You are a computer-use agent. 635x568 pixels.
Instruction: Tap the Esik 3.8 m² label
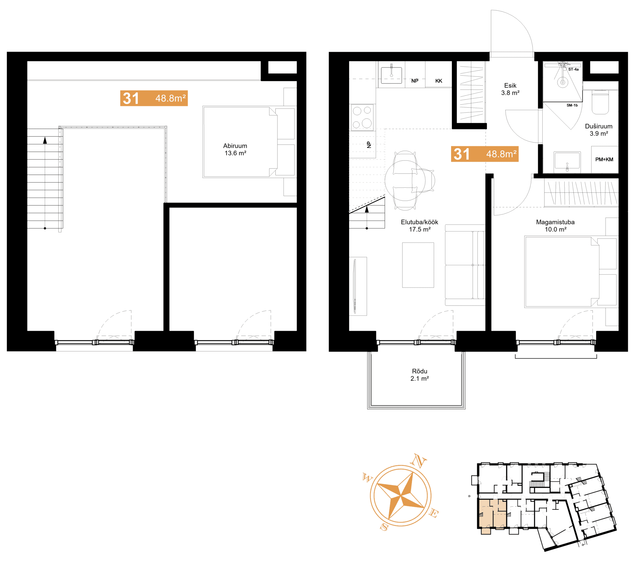point(510,89)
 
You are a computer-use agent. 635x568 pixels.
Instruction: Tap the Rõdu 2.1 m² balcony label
point(419,375)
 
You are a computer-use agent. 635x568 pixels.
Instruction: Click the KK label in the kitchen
point(438,81)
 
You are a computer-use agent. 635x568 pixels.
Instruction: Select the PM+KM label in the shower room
point(604,160)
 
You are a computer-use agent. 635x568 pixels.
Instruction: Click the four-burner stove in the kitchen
point(362,117)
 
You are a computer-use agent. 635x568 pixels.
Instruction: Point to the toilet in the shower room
point(600,102)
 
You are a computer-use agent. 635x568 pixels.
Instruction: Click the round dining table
point(405,180)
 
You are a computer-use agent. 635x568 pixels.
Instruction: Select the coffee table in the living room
point(418,265)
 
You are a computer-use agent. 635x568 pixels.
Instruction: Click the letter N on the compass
point(418,461)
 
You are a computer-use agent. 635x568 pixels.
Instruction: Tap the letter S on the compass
point(384,527)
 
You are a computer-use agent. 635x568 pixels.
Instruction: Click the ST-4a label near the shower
point(573,69)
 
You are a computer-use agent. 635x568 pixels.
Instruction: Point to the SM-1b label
point(572,105)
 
